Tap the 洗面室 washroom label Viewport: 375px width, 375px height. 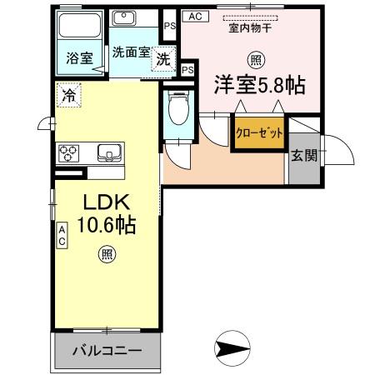(131, 52)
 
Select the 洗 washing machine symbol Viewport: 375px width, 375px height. (164, 59)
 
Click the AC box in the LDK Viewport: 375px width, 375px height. (62, 235)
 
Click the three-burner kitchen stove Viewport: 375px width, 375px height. (69, 152)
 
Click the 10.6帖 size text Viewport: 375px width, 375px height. (107, 225)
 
